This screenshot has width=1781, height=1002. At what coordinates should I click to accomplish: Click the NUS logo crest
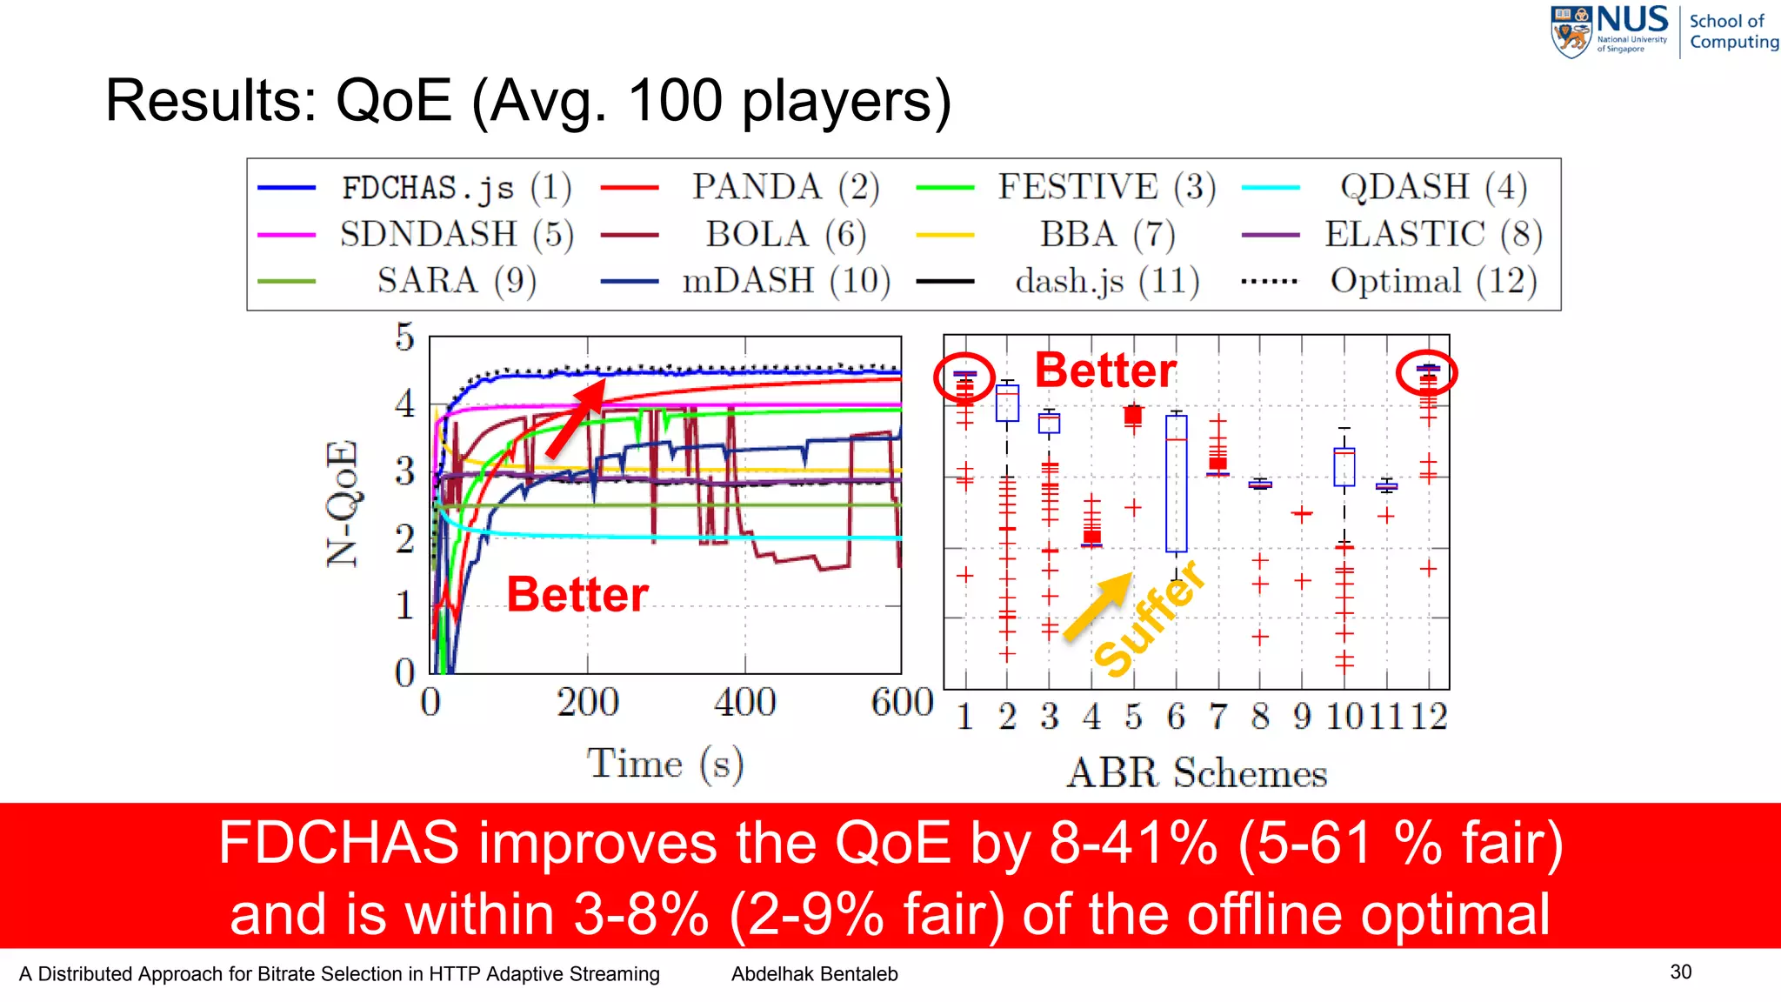tap(1571, 31)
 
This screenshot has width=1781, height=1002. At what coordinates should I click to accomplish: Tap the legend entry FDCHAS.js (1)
tap(456, 187)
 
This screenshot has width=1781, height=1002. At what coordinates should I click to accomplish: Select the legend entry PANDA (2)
tap(785, 187)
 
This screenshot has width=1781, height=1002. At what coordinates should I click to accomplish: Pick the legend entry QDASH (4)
tap(1432, 187)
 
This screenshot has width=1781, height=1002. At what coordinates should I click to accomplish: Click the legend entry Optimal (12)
tap(1433, 281)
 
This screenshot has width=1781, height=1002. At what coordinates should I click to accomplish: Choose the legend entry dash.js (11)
tap(1107, 281)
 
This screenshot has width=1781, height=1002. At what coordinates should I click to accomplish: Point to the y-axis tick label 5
tap(404, 337)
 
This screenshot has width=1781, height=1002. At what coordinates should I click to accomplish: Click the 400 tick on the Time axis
tap(745, 701)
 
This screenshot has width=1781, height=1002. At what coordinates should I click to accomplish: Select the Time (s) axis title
tap(665, 764)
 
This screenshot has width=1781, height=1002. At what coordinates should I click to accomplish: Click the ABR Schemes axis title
tap(1197, 772)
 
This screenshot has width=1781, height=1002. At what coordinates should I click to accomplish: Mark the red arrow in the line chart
tap(574, 420)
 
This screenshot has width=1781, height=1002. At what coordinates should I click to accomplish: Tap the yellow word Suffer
tap(1150, 619)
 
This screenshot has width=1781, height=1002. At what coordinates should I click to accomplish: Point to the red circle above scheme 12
tap(1426, 373)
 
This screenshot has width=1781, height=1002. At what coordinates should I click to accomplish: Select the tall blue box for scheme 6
tap(1176, 484)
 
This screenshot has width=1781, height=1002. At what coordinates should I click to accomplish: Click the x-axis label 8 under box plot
tap(1260, 717)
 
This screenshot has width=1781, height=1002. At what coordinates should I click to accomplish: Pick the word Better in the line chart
tap(577, 595)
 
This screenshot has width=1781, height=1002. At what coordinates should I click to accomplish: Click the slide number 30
tap(1680, 972)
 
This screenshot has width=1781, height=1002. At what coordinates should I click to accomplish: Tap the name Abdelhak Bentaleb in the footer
tap(814, 974)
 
